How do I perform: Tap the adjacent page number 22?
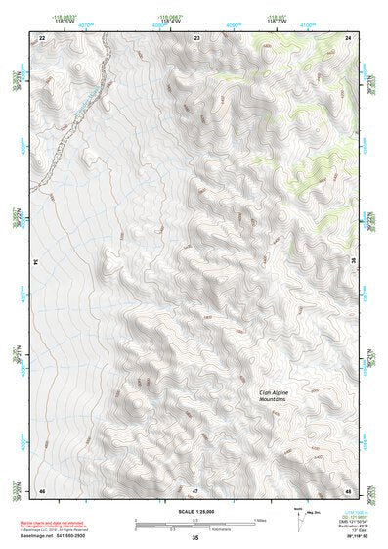point(42,37)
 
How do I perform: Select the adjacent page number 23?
point(197,37)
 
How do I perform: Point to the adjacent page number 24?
point(348,37)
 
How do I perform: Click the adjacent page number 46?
point(42,490)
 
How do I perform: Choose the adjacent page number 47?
point(195,490)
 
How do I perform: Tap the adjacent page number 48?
point(348,490)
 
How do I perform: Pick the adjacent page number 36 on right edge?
point(354,262)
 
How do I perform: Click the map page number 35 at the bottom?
point(195,538)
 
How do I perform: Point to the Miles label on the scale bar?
point(260,520)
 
